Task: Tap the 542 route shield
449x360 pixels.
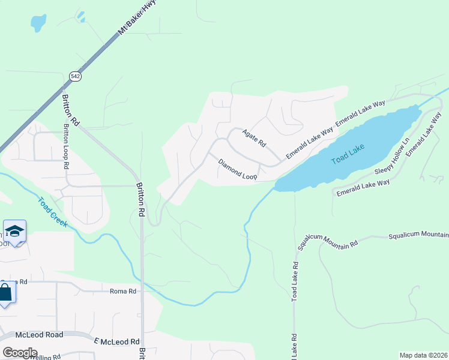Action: (74, 76)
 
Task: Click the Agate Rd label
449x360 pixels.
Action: (253, 138)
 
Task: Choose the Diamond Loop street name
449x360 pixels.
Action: (238, 169)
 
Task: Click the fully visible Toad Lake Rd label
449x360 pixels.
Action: (295, 281)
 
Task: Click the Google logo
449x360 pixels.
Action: (19, 352)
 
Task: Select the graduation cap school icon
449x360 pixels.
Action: (14, 231)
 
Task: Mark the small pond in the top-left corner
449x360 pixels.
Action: (38, 23)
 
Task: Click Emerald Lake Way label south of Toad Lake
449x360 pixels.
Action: (363, 187)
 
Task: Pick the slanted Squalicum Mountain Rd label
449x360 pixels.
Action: (328, 243)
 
